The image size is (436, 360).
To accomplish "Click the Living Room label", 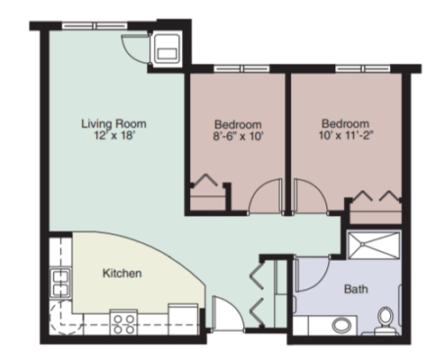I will [x=114, y=122].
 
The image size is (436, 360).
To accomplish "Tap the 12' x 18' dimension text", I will [x=114, y=136].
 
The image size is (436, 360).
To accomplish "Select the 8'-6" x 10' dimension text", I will [x=238, y=137].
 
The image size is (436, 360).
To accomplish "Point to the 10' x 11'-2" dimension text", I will [x=346, y=137].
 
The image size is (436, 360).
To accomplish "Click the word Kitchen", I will [x=122, y=272].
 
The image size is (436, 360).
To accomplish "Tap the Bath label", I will [x=355, y=290].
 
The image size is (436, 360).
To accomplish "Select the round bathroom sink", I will [x=342, y=324].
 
